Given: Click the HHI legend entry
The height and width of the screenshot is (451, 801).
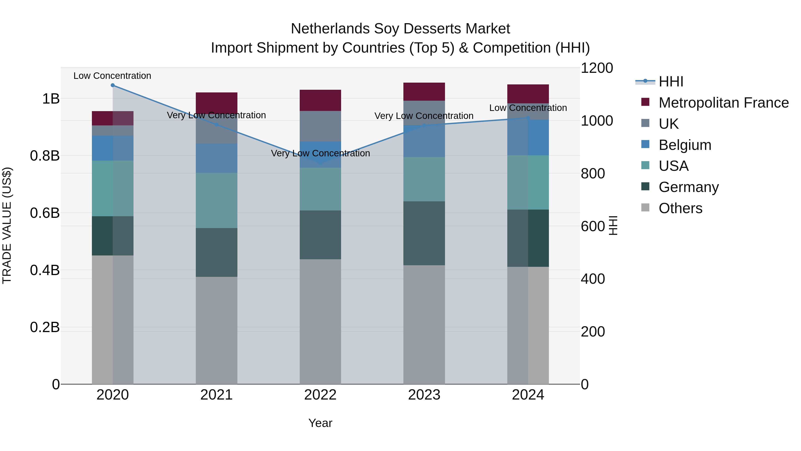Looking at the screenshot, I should click(x=670, y=82).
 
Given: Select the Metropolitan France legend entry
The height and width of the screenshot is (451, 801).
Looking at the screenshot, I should click(x=723, y=103).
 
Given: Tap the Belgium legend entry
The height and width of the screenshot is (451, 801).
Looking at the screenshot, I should click(x=685, y=145).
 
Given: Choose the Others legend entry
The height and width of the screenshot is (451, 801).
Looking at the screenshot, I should click(x=680, y=208).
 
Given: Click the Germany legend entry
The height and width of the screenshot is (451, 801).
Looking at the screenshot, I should click(x=688, y=187).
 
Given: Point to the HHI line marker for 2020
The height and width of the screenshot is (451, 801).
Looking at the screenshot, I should click(x=113, y=85).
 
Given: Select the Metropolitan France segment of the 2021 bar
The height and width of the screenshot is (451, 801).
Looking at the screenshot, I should click(x=216, y=103).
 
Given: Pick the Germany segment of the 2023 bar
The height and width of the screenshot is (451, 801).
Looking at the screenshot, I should click(x=424, y=233).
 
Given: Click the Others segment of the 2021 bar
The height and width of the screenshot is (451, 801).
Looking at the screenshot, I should click(x=216, y=330).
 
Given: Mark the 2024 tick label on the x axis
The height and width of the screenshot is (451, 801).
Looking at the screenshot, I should click(x=528, y=395).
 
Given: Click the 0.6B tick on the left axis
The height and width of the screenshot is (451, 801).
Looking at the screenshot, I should click(x=44, y=213).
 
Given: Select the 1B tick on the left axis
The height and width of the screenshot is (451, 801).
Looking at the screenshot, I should click(x=51, y=99).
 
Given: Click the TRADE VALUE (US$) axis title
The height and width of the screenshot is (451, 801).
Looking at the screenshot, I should click(x=7, y=225).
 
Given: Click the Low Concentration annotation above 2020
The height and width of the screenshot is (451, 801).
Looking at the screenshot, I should click(x=112, y=76).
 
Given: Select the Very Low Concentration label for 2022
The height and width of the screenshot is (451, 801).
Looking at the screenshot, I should click(x=320, y=153).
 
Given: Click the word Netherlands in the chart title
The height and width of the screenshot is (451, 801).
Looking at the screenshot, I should click(x=330, y=29).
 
